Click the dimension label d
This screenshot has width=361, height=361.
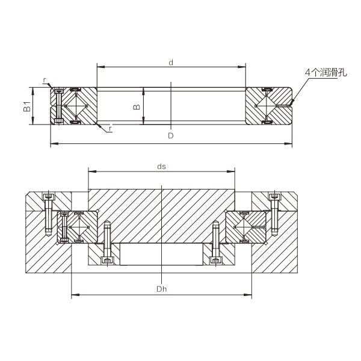[171, 63]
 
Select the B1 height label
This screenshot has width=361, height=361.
[27, 106]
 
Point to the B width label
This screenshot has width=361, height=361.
[137, 106]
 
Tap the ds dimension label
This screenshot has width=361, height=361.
[161, 167]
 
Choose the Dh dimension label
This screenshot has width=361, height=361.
[162, 289]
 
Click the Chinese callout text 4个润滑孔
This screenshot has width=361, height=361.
[326, 73]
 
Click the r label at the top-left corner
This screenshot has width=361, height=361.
[45, 80]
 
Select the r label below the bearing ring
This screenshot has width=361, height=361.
[111, 129]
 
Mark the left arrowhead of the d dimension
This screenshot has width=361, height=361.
[101, 67]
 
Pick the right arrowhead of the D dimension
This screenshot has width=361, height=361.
[288, 144]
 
